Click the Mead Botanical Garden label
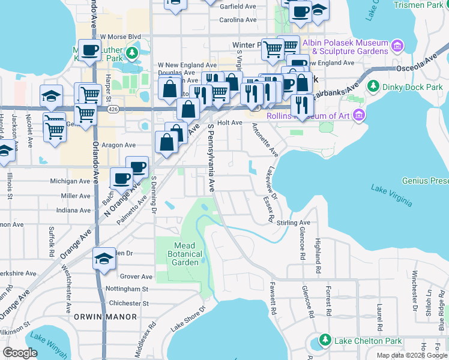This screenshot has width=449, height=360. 184,254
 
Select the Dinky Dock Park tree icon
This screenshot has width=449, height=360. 373,86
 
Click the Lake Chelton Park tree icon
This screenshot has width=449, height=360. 325,340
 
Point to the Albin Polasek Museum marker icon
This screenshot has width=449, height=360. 396,46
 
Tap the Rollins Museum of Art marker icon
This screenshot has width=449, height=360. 359,115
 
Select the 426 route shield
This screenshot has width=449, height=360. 112,110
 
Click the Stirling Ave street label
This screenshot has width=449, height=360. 294,223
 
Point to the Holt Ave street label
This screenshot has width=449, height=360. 229,122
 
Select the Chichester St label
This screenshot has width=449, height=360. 130,303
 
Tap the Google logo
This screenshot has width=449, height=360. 20,352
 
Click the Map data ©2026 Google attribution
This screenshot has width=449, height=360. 412,355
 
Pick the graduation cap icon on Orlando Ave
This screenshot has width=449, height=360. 104,258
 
